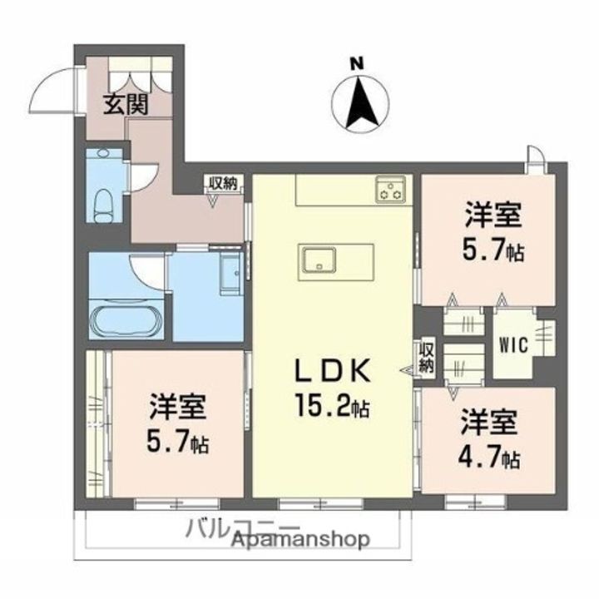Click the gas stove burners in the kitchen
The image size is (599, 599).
(x=389, y=189)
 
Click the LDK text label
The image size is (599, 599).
(x=334, y=370)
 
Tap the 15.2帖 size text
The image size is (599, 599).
(x=332, y=407)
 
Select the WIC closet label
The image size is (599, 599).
(x=513, y=345)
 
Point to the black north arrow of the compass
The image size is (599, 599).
(x=360, y=103)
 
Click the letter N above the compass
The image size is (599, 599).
(x=358, y=63)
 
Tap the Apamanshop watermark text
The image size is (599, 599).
(x=301, y=540)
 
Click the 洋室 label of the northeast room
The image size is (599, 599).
(x=493, y=216)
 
